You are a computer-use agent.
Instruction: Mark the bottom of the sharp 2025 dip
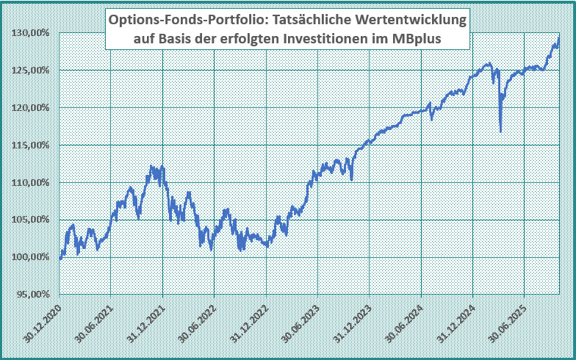pos(500,132)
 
